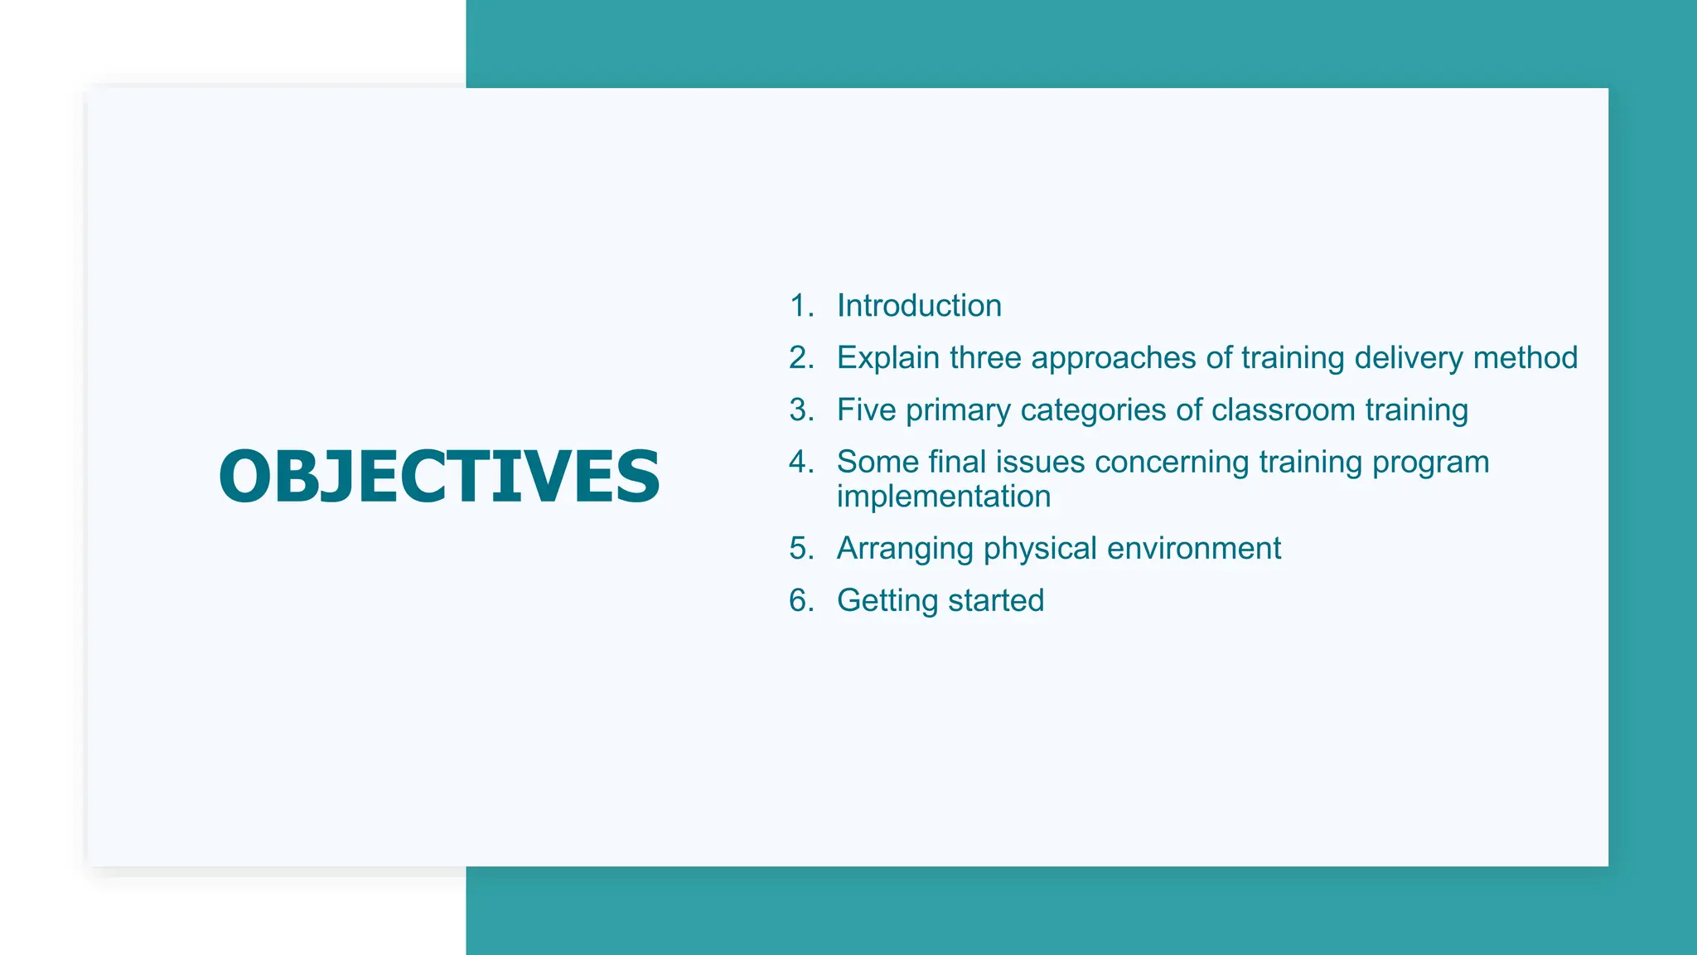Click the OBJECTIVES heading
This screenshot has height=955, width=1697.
439,476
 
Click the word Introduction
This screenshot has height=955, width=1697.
919,306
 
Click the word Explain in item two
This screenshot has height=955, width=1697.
888,358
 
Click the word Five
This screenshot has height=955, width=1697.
866,410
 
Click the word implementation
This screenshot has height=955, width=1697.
944,497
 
